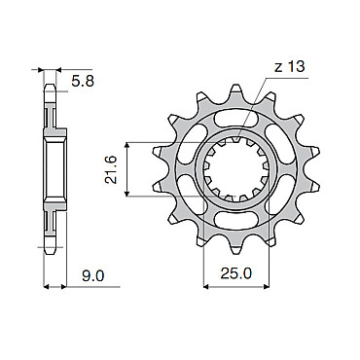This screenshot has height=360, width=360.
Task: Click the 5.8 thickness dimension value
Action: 83,82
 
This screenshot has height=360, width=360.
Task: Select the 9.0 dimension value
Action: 93,276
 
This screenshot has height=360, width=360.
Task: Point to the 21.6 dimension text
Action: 112,169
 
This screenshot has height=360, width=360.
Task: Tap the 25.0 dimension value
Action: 236,274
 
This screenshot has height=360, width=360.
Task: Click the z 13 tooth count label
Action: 290,67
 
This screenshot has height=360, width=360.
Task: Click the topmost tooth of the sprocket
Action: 235,91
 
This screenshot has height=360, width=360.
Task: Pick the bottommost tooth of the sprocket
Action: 235,248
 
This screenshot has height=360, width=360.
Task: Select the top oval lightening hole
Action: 236,120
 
